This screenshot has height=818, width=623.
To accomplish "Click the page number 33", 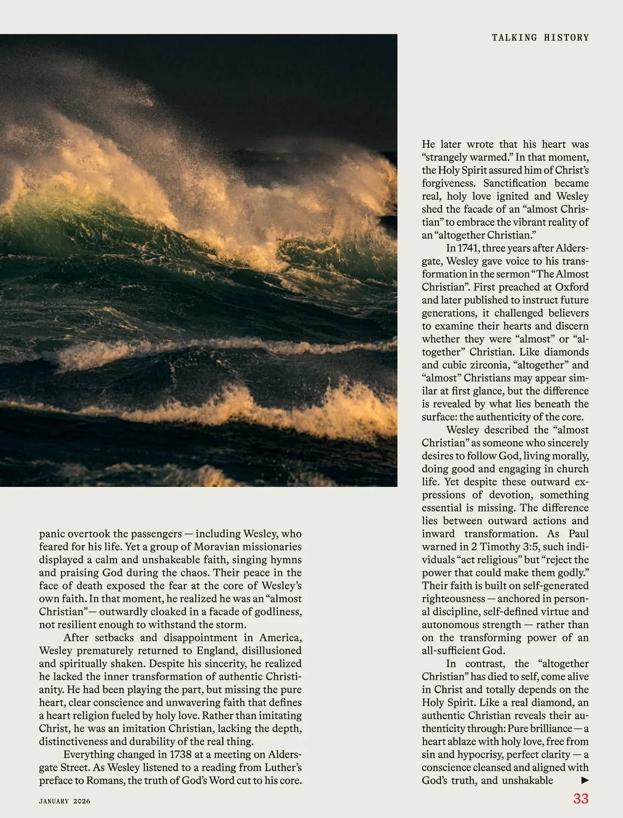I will (580, 798).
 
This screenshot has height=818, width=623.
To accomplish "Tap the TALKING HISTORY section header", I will (540, 37).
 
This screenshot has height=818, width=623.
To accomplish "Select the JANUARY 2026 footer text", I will (64, 801).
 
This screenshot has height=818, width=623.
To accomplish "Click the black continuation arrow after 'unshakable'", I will (585, 780).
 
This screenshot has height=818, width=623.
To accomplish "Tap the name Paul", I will (578, 533).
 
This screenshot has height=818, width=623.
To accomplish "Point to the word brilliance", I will (549, 728).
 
